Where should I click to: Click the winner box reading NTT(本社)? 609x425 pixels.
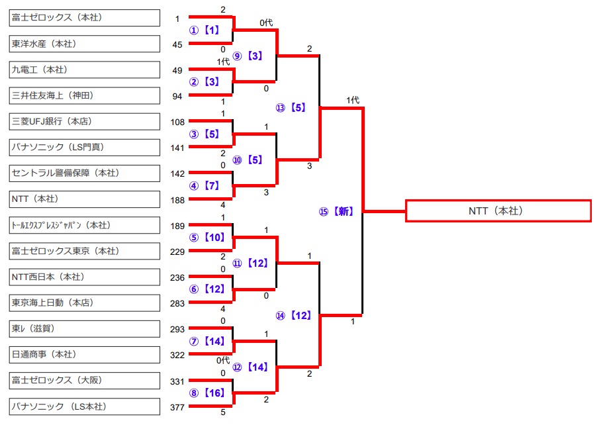498,211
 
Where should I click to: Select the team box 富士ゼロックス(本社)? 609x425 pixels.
85,18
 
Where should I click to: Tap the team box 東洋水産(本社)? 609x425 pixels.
85,44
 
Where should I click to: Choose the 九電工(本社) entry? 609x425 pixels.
85,70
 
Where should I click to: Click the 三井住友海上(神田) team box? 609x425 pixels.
85,95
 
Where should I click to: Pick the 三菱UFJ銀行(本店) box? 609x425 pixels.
85,121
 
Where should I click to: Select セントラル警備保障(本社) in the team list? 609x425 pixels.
85,173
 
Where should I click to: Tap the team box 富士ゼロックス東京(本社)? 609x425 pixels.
85,251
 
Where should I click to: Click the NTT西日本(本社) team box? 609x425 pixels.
85,277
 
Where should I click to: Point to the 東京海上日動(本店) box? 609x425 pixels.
85,303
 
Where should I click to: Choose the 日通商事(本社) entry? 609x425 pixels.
85,355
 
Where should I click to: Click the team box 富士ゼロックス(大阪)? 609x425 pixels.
85,381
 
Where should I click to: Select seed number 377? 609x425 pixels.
177,406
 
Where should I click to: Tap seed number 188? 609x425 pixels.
177,199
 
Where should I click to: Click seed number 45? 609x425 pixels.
177,44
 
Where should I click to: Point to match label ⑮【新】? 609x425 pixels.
336,212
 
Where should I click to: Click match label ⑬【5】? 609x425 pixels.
291,107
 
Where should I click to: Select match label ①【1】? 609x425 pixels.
205,30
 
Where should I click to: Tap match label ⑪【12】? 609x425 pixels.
250,263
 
